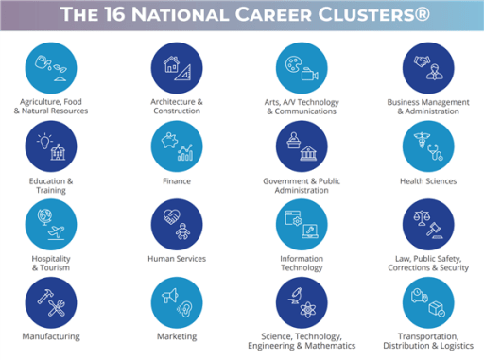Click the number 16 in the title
click(136, 15)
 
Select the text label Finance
click(177, 181)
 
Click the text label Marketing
click(177, 336)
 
